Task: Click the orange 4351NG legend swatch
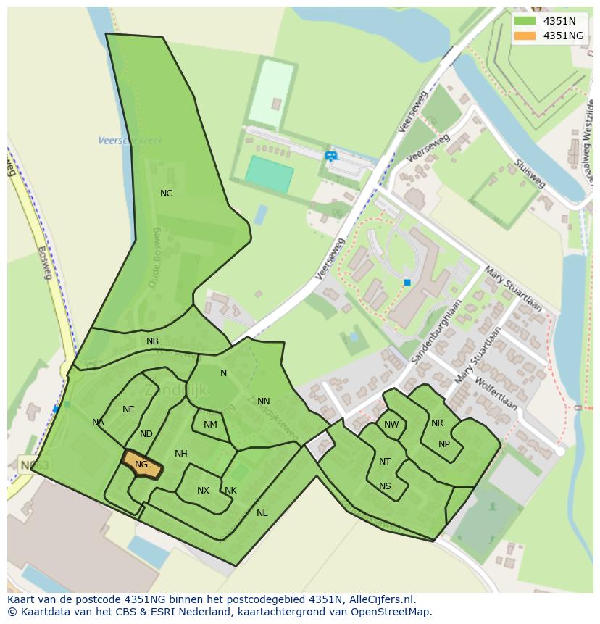525,36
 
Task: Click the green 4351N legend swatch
525,21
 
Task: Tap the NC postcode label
166,194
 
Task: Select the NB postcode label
152,341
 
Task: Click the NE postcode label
128,409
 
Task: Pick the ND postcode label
146,434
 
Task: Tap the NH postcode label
181,454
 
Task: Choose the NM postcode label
210,425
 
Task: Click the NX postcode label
203,491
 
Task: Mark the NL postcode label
262,513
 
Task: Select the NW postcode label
391,425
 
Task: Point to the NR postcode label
437,423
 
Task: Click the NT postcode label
385,462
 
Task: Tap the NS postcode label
385,486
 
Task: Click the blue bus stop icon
331,155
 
